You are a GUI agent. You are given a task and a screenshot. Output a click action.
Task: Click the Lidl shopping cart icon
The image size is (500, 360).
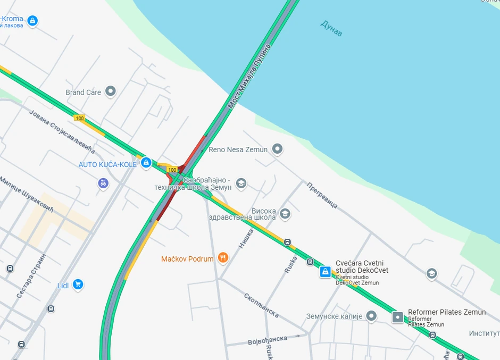point(78,284)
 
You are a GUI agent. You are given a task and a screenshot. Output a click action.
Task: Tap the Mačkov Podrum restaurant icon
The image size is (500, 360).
point(223,258)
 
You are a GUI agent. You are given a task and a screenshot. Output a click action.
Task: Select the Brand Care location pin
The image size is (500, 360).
point(111,91)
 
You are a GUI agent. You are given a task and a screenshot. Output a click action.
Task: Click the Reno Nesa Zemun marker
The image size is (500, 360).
point(277,149)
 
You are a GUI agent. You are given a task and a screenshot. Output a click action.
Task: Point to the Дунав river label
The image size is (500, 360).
point(331,28)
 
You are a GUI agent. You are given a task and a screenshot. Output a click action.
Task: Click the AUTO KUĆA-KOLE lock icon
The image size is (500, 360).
point(146,163)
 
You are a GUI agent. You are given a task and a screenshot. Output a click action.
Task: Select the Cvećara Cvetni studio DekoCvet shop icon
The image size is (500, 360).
point(325,272)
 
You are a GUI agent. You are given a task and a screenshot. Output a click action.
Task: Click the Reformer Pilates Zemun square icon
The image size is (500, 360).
point(397,317)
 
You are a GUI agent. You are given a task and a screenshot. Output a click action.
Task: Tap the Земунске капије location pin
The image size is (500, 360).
point(371,316)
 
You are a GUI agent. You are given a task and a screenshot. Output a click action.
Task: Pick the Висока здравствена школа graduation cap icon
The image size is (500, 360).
point(285,214)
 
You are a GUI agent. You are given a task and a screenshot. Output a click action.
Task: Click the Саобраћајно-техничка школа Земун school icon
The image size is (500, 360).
point(241,183)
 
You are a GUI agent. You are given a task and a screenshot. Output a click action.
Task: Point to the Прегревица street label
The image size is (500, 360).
point(322,195)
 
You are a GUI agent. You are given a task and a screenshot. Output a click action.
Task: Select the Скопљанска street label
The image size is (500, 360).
point(261,305)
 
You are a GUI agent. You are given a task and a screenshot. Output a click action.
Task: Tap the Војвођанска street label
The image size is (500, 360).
point(268,340)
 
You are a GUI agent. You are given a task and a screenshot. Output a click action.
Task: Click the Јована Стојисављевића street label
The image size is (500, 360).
point(61,131)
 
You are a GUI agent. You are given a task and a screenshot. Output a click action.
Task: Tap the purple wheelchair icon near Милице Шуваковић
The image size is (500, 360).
point(103,183)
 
